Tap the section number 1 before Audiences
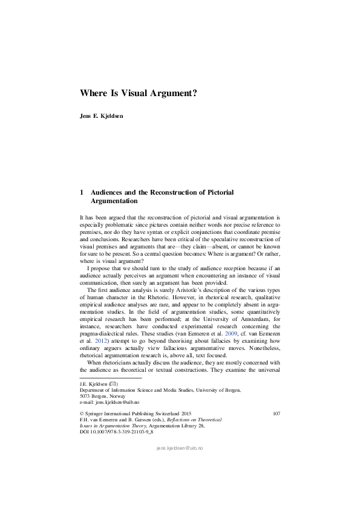point(82,192)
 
